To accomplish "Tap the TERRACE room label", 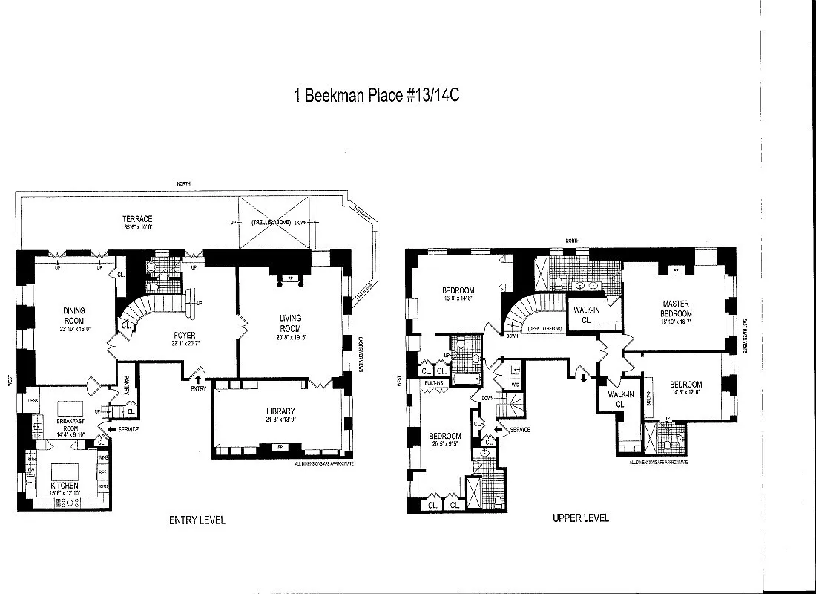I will [x=137, y=219].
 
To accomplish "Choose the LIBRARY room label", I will [x=281, y=411].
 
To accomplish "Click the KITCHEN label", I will [x=63, y=485].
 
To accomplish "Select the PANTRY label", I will [x=127, y=385].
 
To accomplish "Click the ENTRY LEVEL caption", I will [x=197, y=520].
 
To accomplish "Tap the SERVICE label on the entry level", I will [x=127, y=429].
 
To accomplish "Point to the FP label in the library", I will [x=280, y=447].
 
